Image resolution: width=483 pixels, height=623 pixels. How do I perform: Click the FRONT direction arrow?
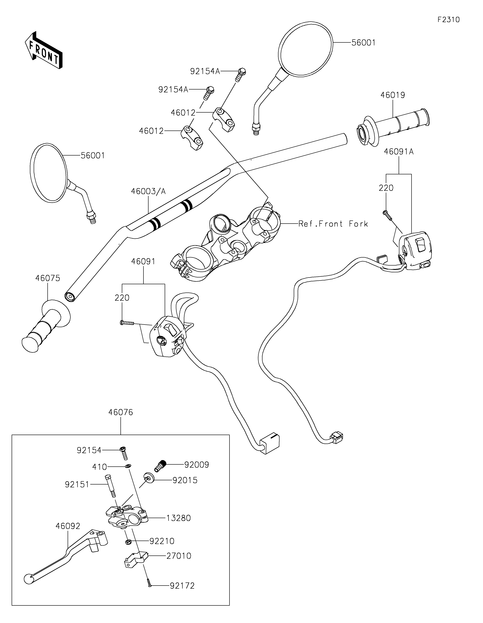[x=43, y=50]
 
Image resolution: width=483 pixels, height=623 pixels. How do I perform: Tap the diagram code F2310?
[x=448, y=20]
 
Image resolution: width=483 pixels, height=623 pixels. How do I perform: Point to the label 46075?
[x=48, y=278]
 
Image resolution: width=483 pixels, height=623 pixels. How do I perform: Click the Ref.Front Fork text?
[x=333, y=224]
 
